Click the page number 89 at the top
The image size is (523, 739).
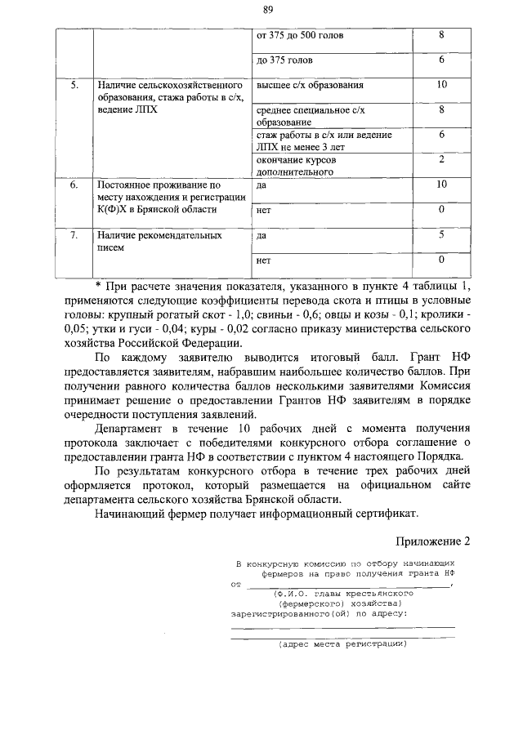267,10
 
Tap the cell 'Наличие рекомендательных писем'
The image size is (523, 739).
159,242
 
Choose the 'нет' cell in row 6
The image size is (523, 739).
263,211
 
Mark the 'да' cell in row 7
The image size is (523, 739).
261,236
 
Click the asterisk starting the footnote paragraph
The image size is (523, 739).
97,286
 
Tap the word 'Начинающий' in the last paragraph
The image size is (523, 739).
130,514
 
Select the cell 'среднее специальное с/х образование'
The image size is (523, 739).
311,115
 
